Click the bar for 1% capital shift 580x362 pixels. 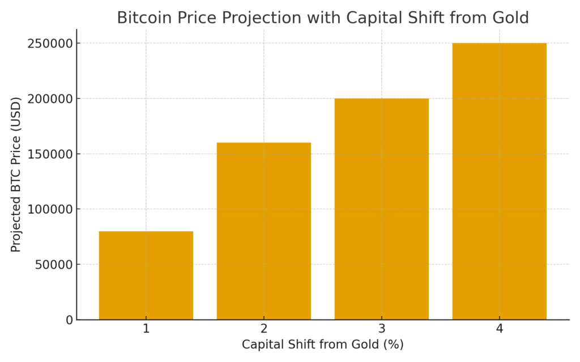tap(146, 275)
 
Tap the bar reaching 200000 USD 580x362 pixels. tap(381, 209)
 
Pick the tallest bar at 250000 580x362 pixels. tap(499, 181)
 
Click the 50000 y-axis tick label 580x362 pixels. tap(51, 265)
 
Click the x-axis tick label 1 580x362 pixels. tap(146, 329)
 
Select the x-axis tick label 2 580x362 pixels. tap(264, 329)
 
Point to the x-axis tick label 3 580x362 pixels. tap(381, 329)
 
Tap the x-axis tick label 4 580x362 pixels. tap(499, 329)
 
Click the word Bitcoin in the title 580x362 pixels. tap(140, 18)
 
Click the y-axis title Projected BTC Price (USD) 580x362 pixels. tap(16, 174)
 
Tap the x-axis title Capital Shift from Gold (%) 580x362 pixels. tap(323, 344)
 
